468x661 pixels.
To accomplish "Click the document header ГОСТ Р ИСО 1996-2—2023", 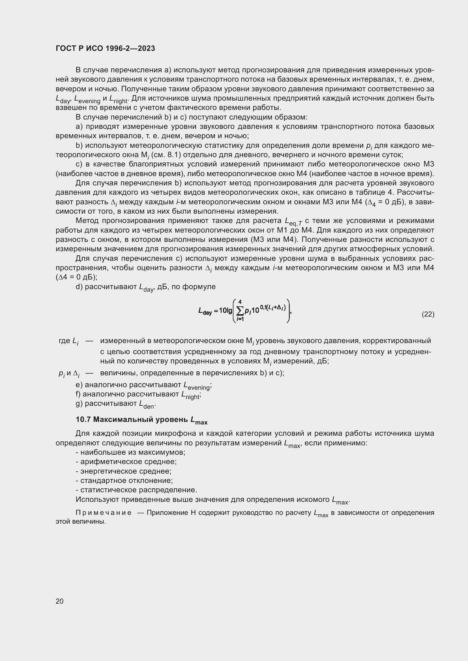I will [105, 48].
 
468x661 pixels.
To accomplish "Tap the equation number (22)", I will [428, 314].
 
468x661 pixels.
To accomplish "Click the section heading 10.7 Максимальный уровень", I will [141, 420].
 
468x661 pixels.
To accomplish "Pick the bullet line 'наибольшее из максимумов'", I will [130, 452].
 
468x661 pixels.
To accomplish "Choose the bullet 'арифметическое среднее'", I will [126, 462].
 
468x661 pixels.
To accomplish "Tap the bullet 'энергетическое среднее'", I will [124, 471].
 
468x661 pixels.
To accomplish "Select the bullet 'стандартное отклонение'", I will [124, 480].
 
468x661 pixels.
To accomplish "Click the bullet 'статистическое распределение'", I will [136, 490].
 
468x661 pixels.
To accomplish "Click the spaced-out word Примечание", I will [104, 513].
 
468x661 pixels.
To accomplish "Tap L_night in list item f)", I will [190, 395].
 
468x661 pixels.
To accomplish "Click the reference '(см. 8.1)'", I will [166, 155].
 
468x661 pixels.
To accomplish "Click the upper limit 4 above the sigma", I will [240, 302].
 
